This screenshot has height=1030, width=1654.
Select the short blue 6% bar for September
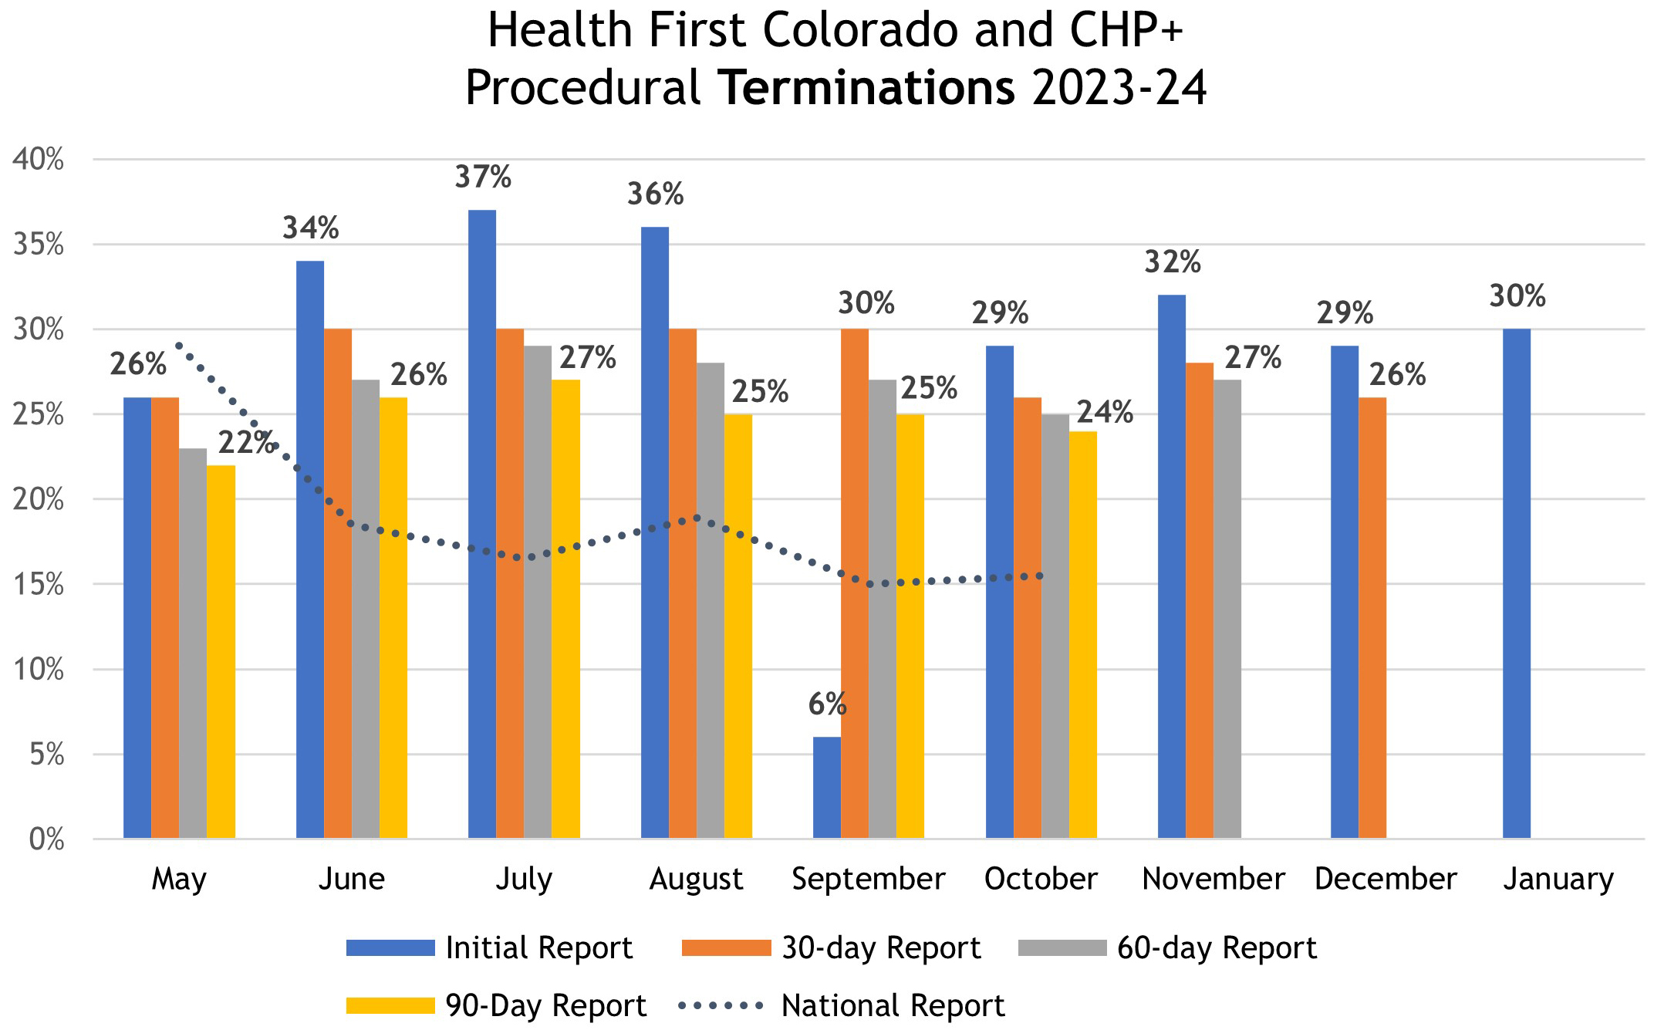(x=827, y=788)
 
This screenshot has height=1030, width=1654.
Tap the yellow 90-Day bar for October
(x=1082, y=634)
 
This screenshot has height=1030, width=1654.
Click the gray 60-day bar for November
(x=1227, y=609)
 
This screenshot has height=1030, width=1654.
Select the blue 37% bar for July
(x=482, y=524)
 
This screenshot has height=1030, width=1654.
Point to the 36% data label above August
(x=655, y=194)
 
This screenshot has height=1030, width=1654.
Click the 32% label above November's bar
(x=1172, y=262)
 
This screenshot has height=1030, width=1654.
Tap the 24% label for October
(x=1105, y=414)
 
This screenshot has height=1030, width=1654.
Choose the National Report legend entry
(x=842, y=1005)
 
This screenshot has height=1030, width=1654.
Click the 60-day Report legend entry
(x=1167, y=947)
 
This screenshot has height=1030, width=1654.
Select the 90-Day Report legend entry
(x=496, y=1005)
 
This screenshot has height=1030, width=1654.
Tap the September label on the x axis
(x=868, y=879)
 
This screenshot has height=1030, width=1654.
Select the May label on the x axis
(x=179, y=879)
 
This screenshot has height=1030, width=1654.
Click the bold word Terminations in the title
(x=869, y=89)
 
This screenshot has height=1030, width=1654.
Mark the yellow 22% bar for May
(x=221, y=651)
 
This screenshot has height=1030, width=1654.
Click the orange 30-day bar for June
(x=338, y=583)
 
